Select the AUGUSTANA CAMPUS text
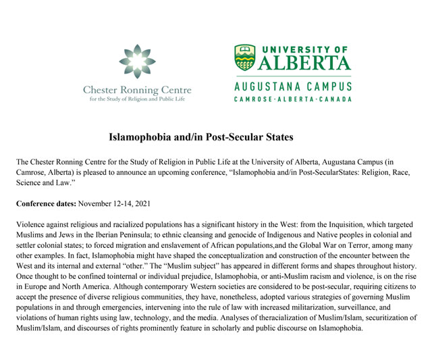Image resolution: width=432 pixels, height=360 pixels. [292, 88]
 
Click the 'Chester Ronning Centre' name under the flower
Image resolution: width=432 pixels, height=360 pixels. [138, 90]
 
